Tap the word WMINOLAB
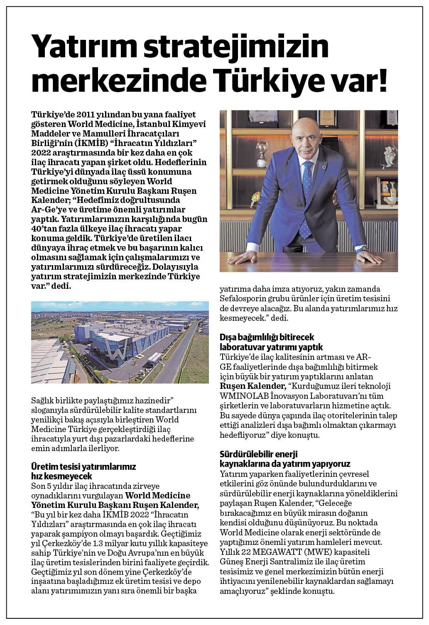coord(243,396)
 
